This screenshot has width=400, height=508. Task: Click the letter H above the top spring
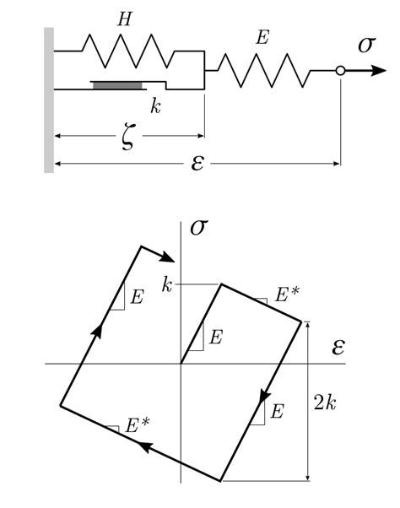[124, 19]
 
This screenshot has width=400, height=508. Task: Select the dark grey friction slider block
[118, 84]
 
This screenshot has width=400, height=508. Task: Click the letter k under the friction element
[155, 105]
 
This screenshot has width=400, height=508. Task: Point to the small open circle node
[340, 72]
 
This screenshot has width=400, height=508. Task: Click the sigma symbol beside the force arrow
[366, 44]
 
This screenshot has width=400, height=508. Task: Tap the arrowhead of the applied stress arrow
[370, 72]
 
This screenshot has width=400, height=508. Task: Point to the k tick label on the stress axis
[167, 284]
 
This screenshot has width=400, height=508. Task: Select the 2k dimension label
[326, 403]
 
